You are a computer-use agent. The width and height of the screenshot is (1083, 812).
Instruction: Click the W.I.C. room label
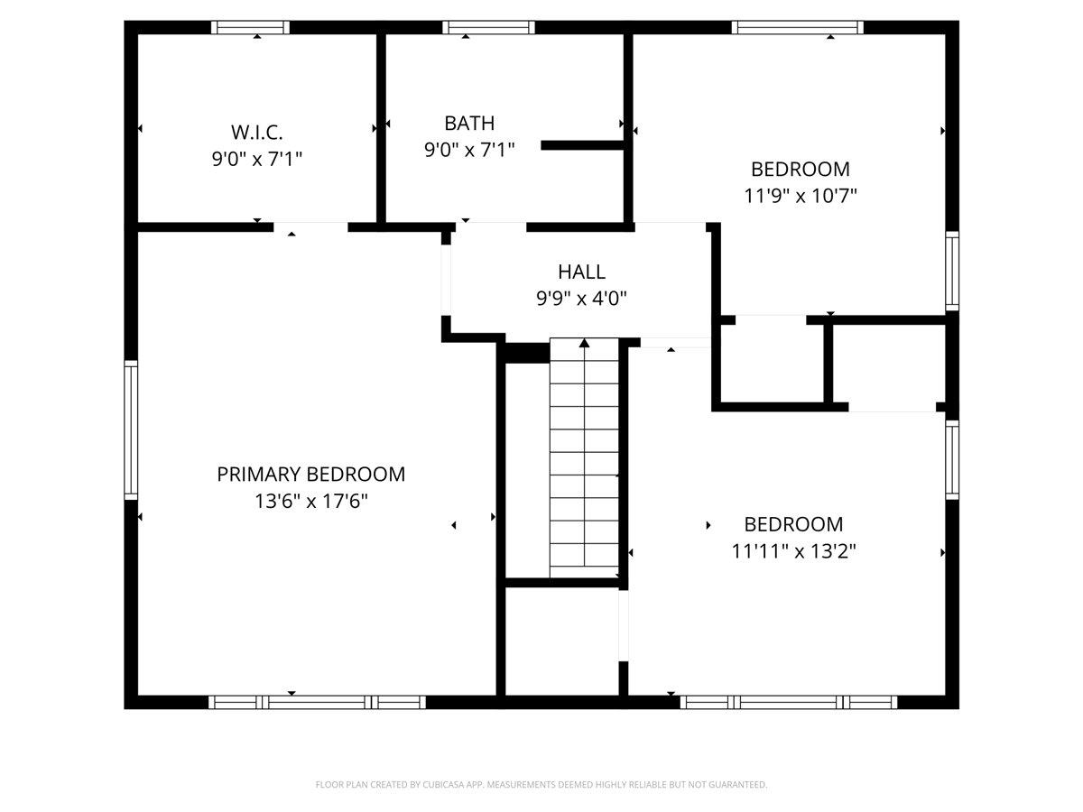256,132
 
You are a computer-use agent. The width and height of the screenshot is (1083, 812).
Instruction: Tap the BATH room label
469,124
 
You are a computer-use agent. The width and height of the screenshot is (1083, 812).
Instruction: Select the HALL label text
581,272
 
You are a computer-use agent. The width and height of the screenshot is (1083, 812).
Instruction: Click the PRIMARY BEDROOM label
310,475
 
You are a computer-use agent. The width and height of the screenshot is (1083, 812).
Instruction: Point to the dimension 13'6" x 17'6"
310,502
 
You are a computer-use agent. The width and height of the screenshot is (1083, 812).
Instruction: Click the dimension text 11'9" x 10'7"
801,196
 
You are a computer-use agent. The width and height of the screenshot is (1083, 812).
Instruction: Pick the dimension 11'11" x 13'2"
793,550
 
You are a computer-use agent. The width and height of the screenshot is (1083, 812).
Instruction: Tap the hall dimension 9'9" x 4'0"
581,299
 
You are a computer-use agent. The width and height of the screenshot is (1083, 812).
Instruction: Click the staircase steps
584,457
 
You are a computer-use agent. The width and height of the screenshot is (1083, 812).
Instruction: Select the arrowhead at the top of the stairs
584,343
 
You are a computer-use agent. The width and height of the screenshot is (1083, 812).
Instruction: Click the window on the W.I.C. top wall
250,28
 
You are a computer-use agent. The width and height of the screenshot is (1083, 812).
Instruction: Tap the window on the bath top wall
488,28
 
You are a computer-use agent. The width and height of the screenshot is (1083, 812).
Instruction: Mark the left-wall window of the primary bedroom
131,430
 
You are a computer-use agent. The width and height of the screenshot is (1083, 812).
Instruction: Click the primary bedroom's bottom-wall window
317,702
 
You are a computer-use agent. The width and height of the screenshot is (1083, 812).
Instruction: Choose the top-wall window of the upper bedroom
797,28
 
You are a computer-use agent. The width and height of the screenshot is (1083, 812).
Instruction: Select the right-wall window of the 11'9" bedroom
952,272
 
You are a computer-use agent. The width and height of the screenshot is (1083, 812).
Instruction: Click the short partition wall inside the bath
583,145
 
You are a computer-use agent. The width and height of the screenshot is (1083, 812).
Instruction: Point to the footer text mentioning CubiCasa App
541,784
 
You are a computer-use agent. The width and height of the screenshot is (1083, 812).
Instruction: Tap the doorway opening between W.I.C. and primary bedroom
310,227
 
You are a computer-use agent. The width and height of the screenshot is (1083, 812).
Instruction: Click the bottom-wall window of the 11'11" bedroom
789,702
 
